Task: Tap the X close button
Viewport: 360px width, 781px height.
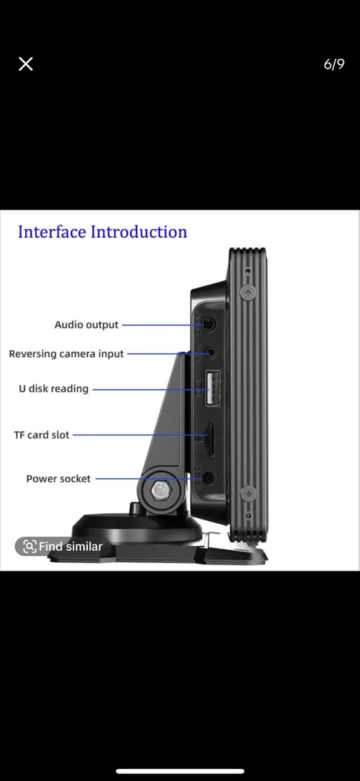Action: click(x=26, y=64)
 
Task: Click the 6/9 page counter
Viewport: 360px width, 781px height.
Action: click(x=333, y=64)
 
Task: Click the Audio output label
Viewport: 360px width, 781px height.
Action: click(x=87, y=325)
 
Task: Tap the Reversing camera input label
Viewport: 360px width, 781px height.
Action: click(x=66, y=354)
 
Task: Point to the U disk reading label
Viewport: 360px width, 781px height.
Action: click(x=54, y=388)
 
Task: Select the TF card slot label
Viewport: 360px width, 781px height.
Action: click(x=42, y=435)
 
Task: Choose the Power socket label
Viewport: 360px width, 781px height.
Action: click(x=58, y=479)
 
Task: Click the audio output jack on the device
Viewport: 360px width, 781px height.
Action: click(x=210, y=324)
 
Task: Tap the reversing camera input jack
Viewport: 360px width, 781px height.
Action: click(x=211, y=352)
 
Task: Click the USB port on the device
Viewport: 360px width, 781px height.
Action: click(x=213, y=388)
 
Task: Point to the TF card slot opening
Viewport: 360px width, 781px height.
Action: click(x=211, y=439)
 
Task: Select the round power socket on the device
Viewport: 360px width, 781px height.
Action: click(x=209, y=478)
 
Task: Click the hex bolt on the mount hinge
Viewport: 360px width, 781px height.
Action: click(x=160, y=491)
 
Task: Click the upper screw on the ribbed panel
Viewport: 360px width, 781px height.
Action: click(x=247, y=292)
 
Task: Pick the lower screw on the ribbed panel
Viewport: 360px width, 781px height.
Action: click(x=248, y=493)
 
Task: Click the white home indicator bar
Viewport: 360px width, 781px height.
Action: click(x=180, y=772)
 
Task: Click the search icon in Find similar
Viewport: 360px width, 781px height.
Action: click(x=30, y=546)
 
